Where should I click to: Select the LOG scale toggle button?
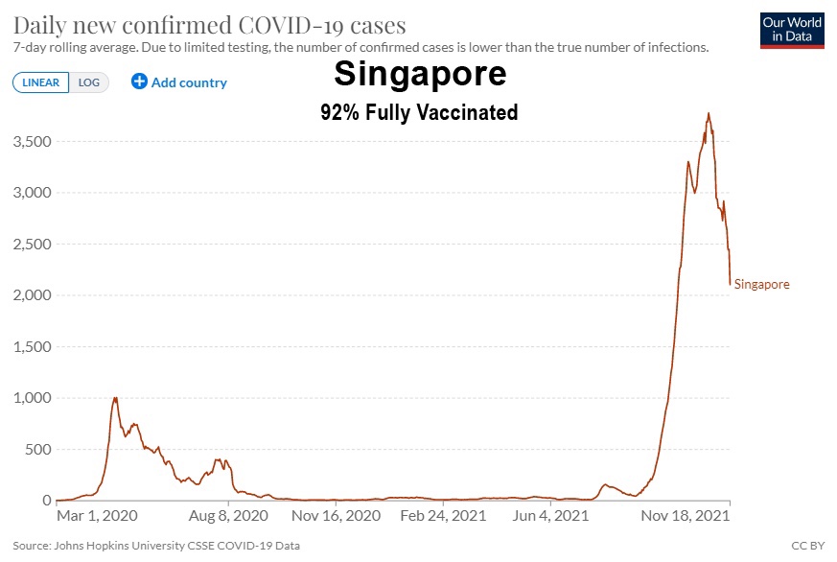[89, 82]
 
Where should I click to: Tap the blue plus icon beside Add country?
[139, 82]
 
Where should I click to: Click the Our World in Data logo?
[791, 30]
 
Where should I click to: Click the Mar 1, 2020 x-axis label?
[97, 516]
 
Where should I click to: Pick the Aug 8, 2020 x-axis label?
[228, 516]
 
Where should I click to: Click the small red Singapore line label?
[762, 285]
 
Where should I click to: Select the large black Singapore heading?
[420, 74]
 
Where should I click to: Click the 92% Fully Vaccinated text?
[419, 112]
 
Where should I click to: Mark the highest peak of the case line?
[709, 113]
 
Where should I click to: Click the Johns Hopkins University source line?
[156, 546]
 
